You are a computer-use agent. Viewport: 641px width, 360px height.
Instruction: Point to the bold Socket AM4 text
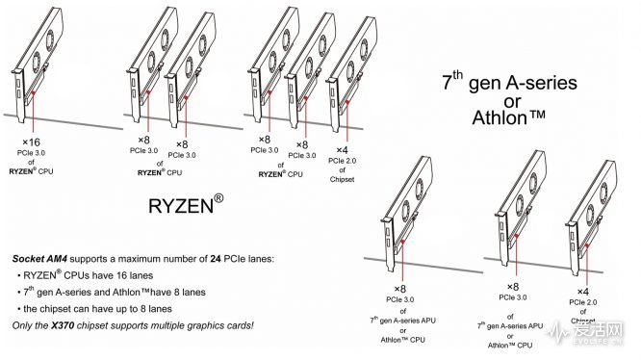coord(47,260)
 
